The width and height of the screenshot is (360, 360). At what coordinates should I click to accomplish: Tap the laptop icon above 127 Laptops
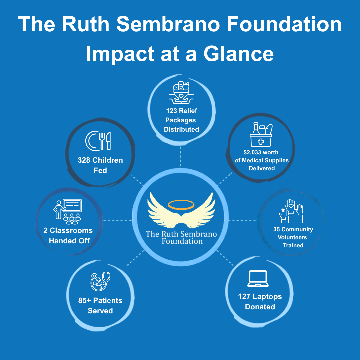click(258, 278)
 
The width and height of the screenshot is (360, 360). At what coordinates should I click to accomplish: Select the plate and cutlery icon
click(98, 141)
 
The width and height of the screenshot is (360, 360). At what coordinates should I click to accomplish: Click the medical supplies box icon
click(261, 135)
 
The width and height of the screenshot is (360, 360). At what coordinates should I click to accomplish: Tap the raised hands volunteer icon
click(291, 211)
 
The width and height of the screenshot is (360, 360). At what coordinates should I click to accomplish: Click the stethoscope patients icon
click(100, 281)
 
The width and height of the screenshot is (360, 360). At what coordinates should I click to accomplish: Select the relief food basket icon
click(181, 93)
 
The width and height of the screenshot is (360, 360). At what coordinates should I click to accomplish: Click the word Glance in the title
click(239, 54)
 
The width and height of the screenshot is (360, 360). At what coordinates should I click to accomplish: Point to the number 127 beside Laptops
click(244, 296)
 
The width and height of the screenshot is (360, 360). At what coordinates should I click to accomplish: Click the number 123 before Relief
click(172, 111)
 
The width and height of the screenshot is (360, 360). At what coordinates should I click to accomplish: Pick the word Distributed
click(181, 129)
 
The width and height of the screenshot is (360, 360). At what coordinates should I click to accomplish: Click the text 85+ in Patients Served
click(84, 300)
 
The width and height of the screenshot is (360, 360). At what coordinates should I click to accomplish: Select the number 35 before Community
click(276, 229)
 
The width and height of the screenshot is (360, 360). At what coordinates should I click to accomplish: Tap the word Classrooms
click(71, 230)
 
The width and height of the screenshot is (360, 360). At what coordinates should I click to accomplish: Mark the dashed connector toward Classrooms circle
click(117, 220)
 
